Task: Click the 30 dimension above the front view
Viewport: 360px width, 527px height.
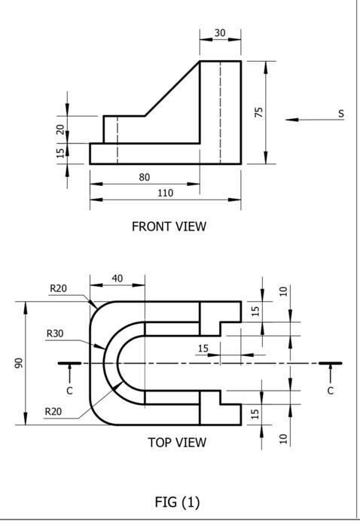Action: point(220,32)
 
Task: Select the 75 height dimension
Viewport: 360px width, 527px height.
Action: point(258,112)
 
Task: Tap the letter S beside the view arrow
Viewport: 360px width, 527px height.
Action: point(341,113)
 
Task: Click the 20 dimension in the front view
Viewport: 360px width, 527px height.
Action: point(60,129)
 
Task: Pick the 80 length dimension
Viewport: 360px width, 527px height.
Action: point(145,177)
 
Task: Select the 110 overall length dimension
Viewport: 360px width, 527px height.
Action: point(165,193)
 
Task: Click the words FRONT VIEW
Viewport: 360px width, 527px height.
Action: point(169,226)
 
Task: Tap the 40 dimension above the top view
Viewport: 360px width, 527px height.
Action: point(117,279)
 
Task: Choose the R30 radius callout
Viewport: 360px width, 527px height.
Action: point(55,333)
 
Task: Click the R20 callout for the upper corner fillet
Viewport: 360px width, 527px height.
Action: point(59,288)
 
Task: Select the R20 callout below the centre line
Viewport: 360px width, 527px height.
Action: point(53,411)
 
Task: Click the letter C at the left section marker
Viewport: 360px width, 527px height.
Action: point(69,391)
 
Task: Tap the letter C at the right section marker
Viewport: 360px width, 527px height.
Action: point(330,391)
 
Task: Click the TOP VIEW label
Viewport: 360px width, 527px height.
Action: point(176,443)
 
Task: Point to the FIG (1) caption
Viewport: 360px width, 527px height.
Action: point(177,502)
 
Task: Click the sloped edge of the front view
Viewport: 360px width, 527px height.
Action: point(172,89)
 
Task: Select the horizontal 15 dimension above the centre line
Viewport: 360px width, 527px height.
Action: point(203,348)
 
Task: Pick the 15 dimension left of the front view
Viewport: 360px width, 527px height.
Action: point(60,152)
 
